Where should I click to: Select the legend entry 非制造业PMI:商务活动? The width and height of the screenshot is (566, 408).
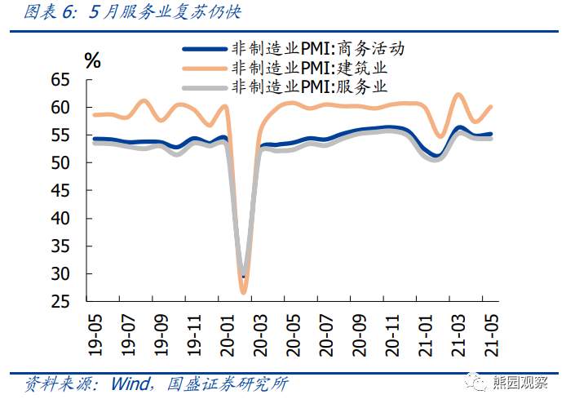[x=318, y=49]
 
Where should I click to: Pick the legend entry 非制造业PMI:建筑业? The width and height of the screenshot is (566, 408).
[x=309, y=68]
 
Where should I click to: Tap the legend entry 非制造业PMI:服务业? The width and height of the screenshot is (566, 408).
[x=309, y=86]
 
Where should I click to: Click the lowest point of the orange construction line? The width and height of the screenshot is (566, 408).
[x=243, y=291]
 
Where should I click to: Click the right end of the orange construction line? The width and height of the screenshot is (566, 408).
[x=490, y=106]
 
